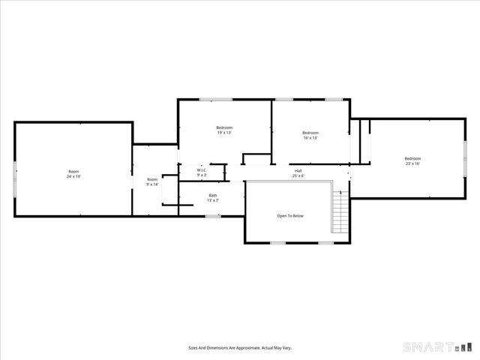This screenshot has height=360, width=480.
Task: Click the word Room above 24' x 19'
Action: click(x=73, y=172)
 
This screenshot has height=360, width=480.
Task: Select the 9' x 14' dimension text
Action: click(x=152, y=184)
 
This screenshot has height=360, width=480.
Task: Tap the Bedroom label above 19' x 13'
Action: click(x=224, y=127)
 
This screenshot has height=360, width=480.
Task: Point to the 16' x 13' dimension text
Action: click(x=310, y=138)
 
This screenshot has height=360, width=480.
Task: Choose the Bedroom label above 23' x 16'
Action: click(x=412, y=158)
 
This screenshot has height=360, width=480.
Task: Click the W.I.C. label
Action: click(x=202, y=170)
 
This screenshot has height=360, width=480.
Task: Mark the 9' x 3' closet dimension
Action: click(x=202, y=175)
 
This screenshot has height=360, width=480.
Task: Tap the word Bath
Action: click(x=213, y=196)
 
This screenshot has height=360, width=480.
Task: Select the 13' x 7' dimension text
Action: click(x=213, y=201)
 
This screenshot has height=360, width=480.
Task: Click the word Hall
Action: click(x=298, y=170)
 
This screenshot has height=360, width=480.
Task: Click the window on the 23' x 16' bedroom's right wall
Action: click(x=465, y=157)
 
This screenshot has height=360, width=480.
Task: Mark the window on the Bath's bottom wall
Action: click(x=214, y=216)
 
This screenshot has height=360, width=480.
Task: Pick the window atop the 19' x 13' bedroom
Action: click(x=216, y=99)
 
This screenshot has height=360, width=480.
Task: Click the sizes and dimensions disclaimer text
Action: click(x=239, y=348)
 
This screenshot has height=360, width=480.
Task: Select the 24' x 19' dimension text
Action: click(x=73, y=177)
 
